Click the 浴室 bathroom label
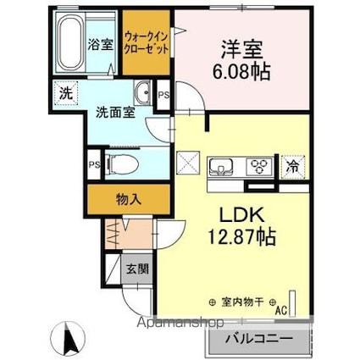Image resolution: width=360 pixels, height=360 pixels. pyautogui.click(x=101, y=45)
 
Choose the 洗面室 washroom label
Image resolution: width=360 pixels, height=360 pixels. pyautogui.click(x=110, y=110)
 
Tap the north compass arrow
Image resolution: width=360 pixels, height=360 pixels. pyautogui.click(x=72, y=339)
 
